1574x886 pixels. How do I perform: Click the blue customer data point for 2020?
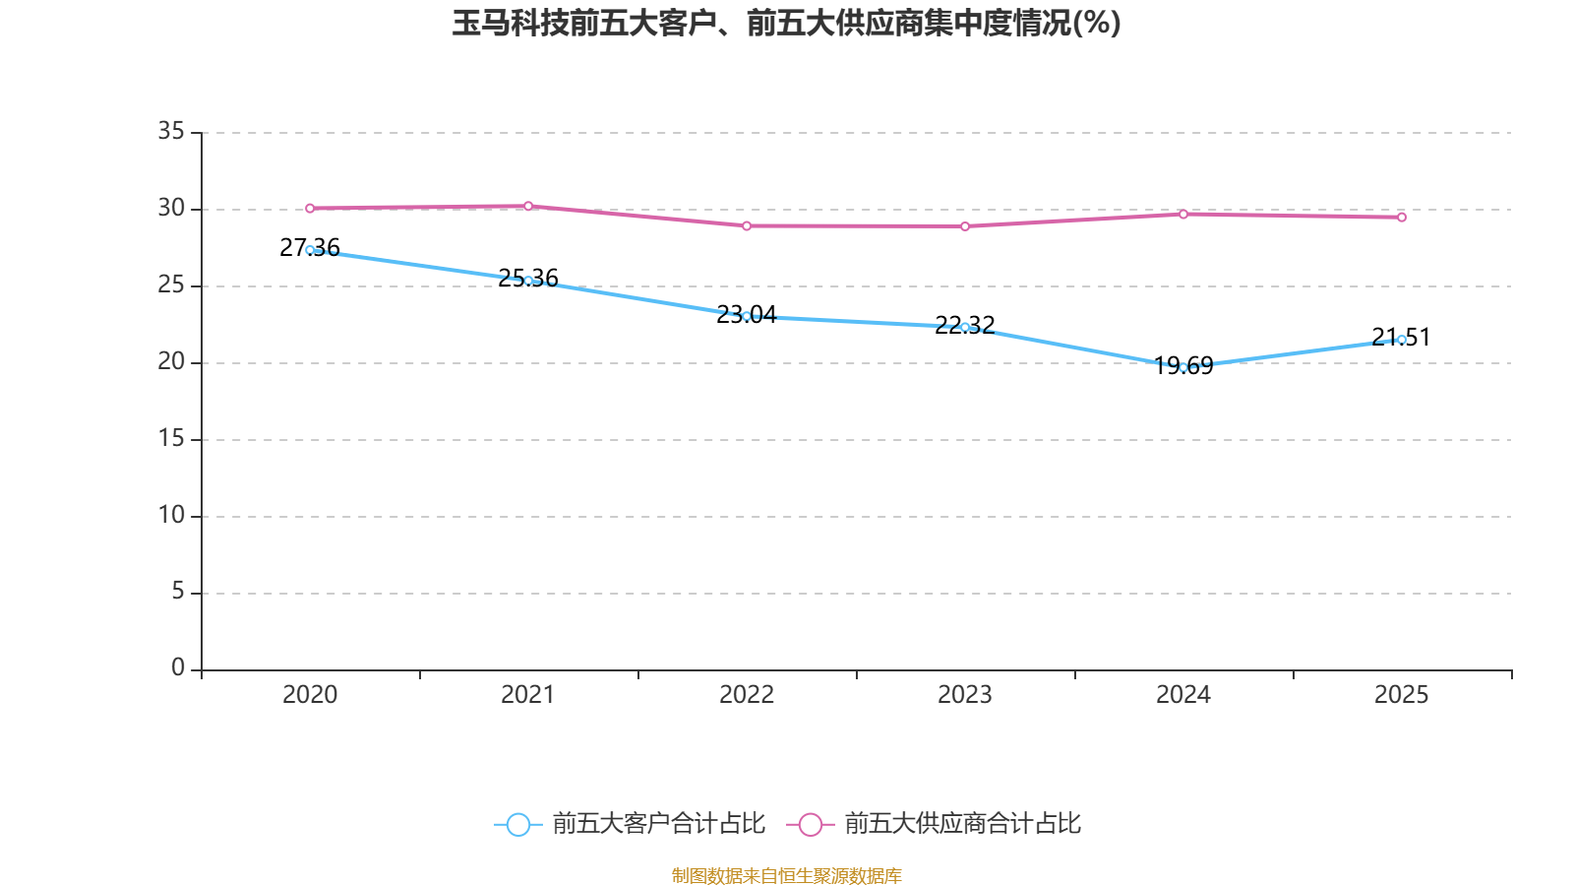[x=310, y=250]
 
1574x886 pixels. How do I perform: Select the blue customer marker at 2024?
[x=1183, y=367]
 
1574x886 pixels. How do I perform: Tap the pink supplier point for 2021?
[x=528, y=206]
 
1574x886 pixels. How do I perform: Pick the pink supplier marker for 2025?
[x=1402, y=217]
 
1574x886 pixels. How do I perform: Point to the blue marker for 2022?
[x=747, y=316]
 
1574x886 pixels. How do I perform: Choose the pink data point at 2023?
[x=965, y=226]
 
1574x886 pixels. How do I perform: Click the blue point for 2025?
[x=1402, y=340]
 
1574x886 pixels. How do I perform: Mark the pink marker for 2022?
[x=747, y=226]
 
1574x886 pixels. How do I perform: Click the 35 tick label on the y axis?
[x=171, y=131]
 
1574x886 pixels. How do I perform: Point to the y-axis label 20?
[x=171, y=361]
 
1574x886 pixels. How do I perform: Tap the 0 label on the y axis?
[x=178, y=668]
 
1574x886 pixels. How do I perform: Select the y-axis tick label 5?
[x=178, y=592]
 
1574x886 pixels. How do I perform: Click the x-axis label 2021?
[x=528, y=695]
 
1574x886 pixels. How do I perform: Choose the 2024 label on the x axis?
[x=1183, y=695]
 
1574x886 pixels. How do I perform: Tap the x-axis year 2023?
[x=965, y=695]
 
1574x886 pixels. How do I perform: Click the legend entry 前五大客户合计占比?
[x=657, y=824]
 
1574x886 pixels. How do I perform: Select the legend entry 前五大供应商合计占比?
[x=962, y=824]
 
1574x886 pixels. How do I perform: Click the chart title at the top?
[x=786, y=23]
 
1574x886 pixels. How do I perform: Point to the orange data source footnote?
[x=786, y=875]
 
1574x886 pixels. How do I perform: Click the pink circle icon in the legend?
[x=810, y=824]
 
